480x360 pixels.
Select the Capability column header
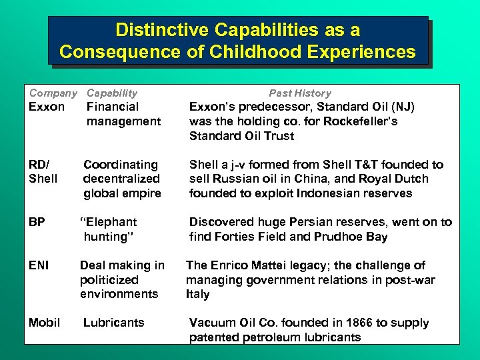112,93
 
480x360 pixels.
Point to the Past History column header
300,93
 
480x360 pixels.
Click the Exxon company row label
47,107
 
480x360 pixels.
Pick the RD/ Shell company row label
43,171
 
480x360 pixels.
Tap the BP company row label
37,222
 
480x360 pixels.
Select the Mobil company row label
45,323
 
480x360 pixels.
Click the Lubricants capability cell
113,323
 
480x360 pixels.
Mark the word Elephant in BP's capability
111,222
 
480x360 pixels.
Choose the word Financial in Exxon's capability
113,107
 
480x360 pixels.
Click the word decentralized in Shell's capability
121,179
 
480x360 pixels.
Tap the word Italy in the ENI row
198,294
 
